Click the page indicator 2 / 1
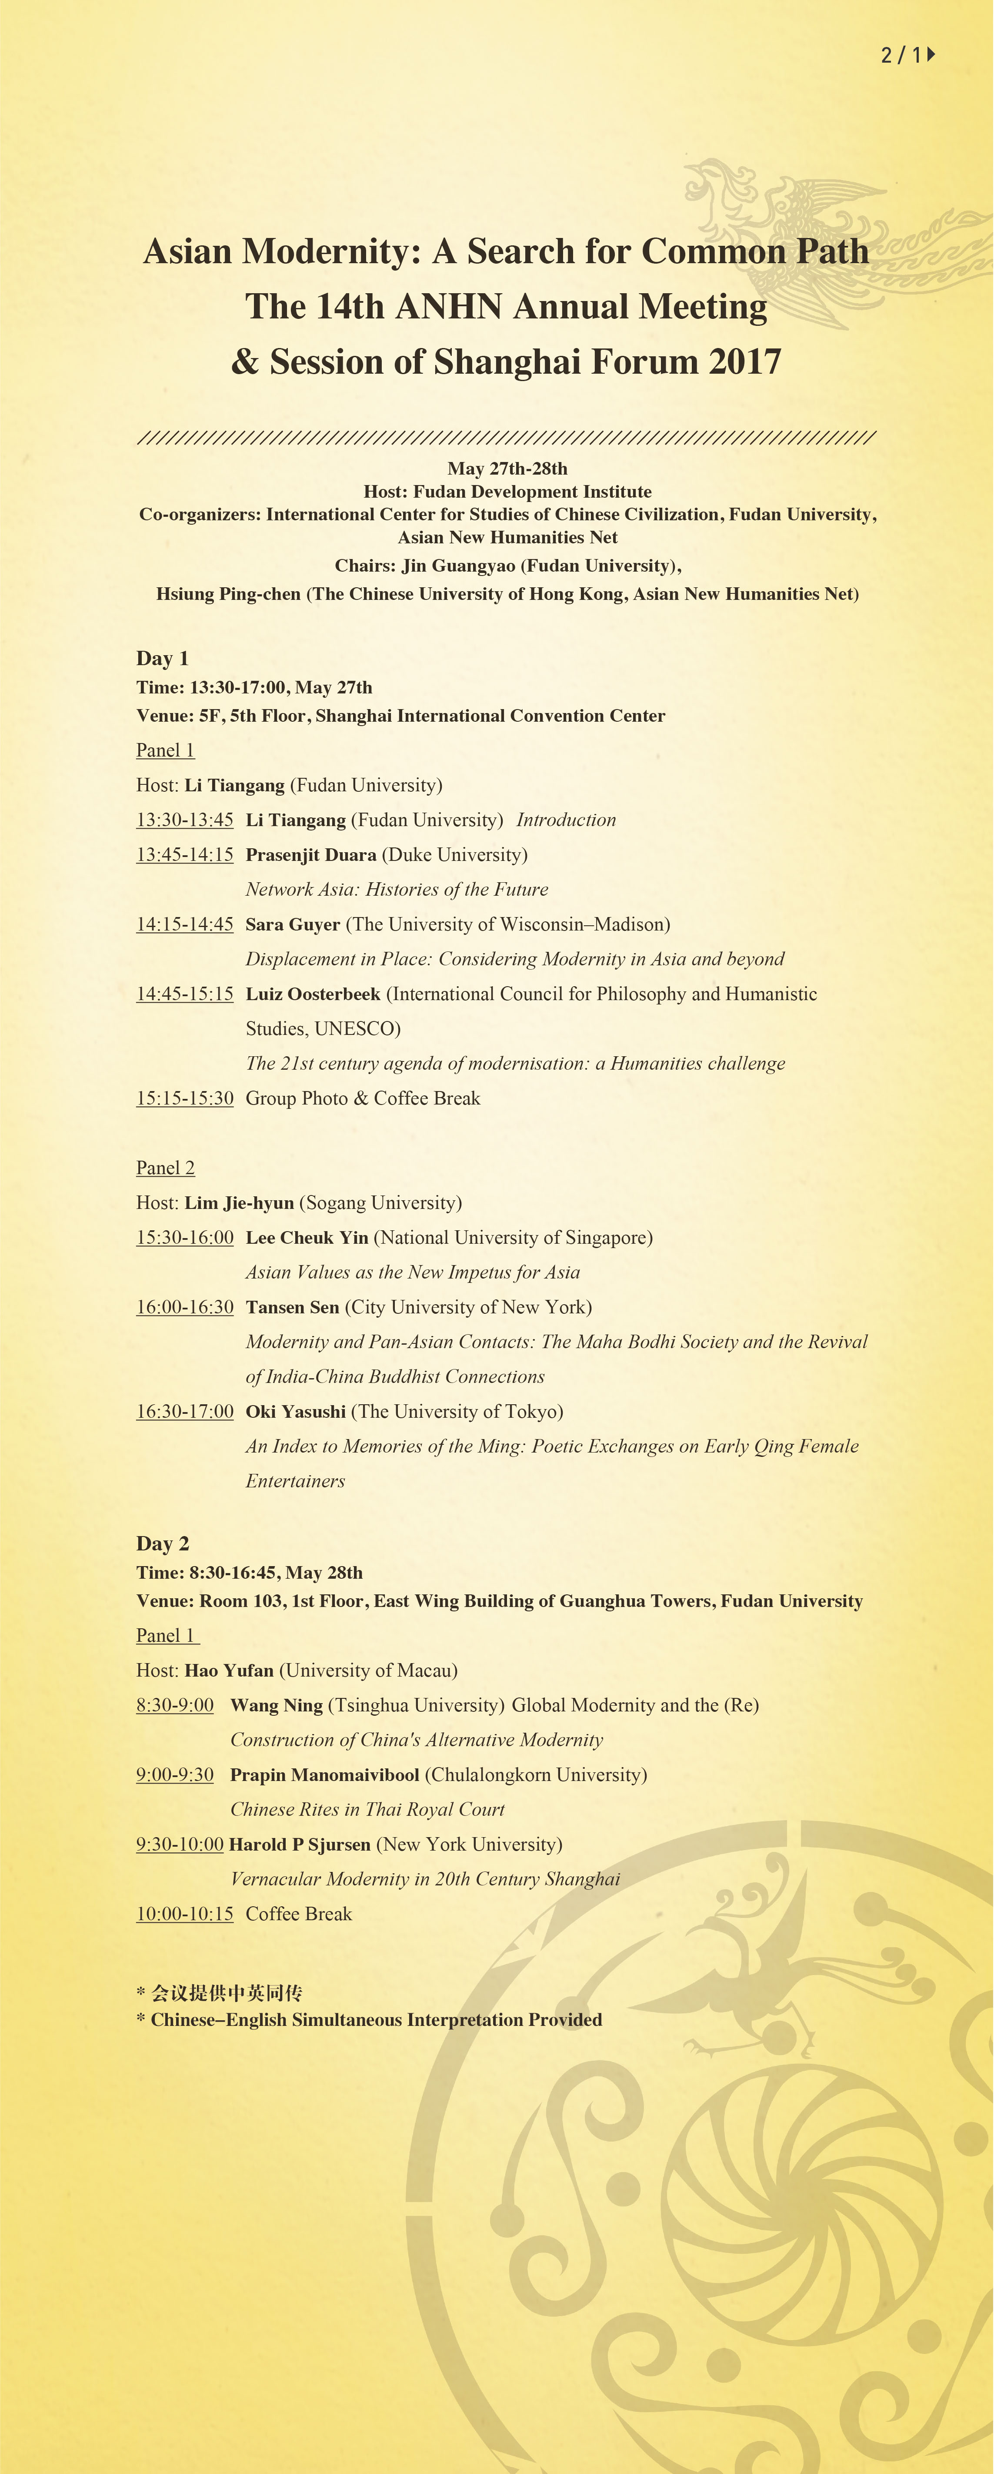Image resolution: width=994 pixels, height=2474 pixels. click(907, 55)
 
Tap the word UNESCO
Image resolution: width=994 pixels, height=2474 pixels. click(356, 1028)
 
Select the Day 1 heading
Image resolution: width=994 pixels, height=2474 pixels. click(162, 658)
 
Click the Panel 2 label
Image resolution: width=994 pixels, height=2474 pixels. click(165, 1168)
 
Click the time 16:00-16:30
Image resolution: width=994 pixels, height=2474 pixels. click(184, 1307)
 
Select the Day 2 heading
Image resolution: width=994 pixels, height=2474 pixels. click(162, 1543)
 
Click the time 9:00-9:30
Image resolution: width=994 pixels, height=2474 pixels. click(175, 1775)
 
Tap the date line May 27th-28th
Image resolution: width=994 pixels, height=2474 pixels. click(507, 469)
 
